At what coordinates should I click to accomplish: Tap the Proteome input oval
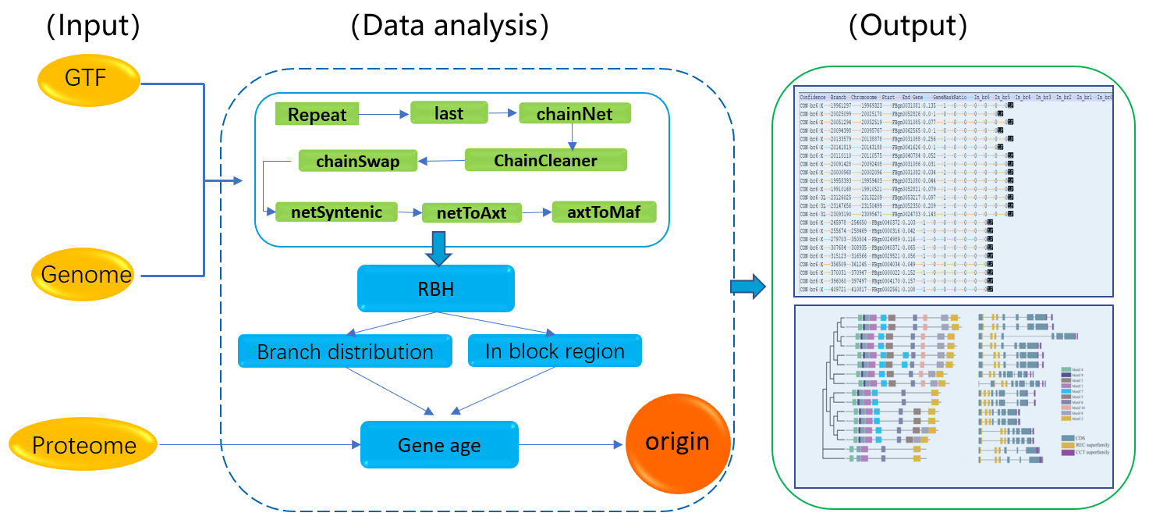click(83, 446)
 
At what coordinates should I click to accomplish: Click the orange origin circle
click(677, 443)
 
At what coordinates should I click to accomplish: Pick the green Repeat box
click(317, 115)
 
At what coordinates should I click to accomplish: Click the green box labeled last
click(449, 113)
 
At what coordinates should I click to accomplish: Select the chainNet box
click(574, 115)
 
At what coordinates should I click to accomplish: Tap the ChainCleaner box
click(545, 161)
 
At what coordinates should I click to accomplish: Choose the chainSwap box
click(358, 162)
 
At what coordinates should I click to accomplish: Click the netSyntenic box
click(337, 212)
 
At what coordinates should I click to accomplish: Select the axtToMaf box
click(604, 212)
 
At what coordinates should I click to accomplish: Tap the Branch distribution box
click(345, 351)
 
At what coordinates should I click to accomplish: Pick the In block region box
click(554, 351)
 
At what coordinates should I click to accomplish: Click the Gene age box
click(439, 445)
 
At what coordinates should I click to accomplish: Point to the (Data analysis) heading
click(449, 27)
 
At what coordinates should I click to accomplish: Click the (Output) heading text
click(907, 27)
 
